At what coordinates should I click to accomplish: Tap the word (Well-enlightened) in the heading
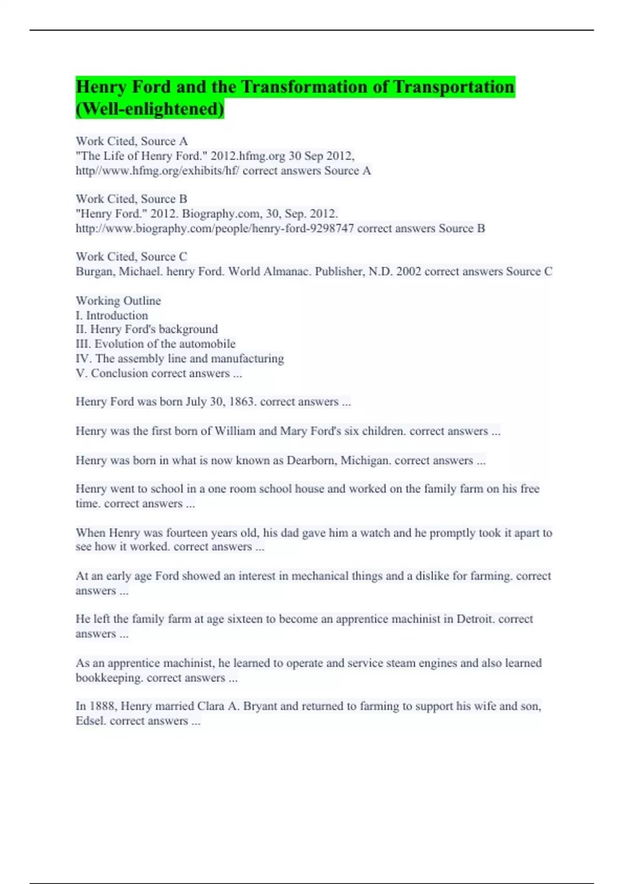[150, 109]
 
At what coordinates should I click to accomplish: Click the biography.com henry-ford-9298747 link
[214, 228]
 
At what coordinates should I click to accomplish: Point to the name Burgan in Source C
[94, 271]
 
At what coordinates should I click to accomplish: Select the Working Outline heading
[118, 301]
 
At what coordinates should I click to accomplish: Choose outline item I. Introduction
[112, 315]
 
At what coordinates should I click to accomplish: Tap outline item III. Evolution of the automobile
[155, 344]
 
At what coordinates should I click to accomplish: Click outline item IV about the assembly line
[180, 358]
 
